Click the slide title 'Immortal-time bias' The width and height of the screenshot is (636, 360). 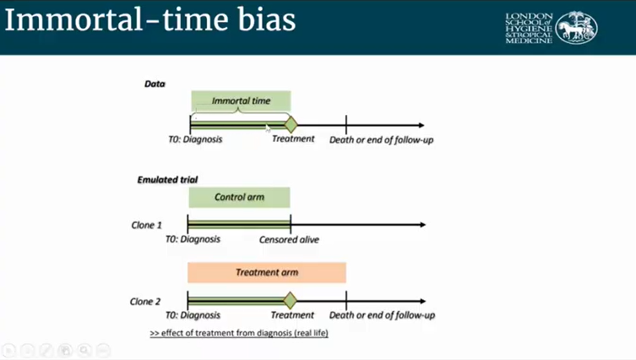pyautogui.click(x=150, y=21)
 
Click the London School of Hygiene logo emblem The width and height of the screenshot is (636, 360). pyautogui.click(x=578, y=27)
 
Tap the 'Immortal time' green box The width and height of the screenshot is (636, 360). pyautogui.click(x=241, y=101)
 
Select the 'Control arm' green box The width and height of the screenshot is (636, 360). pyautogui.click(x=239, y=197)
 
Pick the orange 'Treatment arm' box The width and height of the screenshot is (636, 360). pyautogui.click(x=266, y=272)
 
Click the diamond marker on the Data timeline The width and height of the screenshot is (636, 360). pyautogui.click(x=291, y=125)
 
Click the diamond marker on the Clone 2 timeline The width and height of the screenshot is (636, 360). pyautogui.click(x=291, y=300)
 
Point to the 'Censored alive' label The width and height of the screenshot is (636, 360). pyautogui.click(x=289, y=239)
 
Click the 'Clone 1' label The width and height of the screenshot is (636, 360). pyautogui.click(x=146, y=226)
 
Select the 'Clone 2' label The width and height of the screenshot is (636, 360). pyautogui.click(x=146, y=301)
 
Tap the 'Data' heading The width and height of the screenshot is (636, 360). pyautogui.click(x=155, y=84)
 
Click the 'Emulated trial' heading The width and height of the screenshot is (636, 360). pyautogui.click(x=167, y=180)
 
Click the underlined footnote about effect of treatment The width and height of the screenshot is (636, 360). pyautogui.click(x=239, y=333)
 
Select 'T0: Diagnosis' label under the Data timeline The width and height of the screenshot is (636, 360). pyautogui.click(x=196, y=139)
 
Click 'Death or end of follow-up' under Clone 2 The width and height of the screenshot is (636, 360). pyautogui.click(x=382, y=315)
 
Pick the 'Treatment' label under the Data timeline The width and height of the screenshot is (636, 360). pyautogui.click(x=293, y=139)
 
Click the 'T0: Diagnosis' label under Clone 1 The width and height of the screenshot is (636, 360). pyautogui.click(x=193, y=239)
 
